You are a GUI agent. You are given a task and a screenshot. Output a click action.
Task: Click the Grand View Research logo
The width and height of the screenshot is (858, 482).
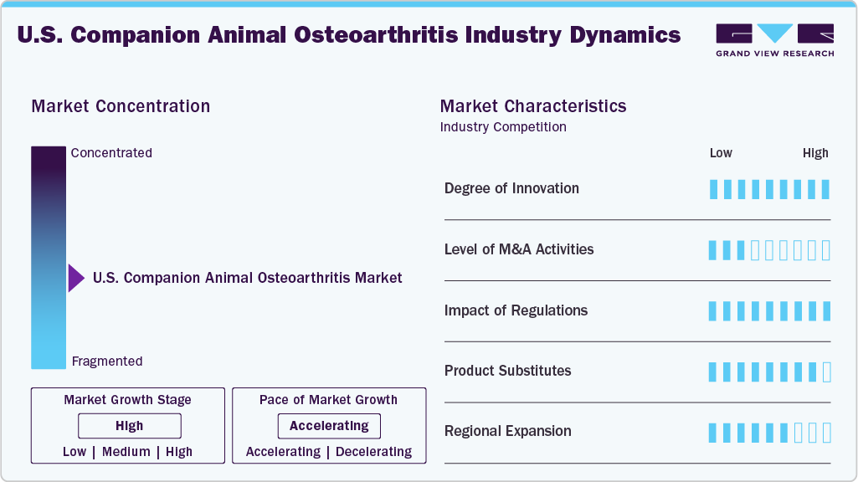click(774, 39)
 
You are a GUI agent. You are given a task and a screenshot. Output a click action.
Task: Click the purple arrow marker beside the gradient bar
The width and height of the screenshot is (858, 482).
click(76, 278)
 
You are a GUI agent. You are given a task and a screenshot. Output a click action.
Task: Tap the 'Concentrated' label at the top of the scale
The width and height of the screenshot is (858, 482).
click(111, 153)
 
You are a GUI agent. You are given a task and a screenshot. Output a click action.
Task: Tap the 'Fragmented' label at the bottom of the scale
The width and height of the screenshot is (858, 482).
click(107, 361)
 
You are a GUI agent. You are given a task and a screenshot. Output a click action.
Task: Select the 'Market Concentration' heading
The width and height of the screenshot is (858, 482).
click(121, 106)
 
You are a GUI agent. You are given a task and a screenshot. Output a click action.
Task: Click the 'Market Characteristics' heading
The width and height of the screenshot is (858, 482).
click(532, 106)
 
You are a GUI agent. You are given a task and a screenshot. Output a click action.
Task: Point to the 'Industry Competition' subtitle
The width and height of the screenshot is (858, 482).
click(502, 127)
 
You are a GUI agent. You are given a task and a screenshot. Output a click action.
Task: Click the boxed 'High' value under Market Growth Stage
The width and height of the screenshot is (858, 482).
click(130, 426)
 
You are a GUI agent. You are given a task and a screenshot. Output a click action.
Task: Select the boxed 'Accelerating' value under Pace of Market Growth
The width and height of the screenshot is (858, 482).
click(329, 426)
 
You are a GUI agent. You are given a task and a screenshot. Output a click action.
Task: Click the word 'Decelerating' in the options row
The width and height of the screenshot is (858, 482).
click(373, 452)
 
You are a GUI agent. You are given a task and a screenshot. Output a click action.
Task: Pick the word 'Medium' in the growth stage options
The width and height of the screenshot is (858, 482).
click(126, 452)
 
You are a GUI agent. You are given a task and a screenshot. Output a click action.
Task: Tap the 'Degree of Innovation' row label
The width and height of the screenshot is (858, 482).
click(511, 188)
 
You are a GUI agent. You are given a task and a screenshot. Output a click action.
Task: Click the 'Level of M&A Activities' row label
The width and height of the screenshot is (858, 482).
click(519, 249)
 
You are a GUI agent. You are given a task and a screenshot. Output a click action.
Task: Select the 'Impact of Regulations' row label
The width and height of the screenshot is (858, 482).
click(516, 310)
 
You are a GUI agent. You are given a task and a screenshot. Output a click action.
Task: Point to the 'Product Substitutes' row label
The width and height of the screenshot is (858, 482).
click(507, 371)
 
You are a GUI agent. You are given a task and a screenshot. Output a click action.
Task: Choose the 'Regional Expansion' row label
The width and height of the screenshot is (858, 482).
click(507, 432)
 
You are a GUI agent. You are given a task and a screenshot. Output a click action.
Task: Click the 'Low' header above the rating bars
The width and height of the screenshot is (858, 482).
click(721, 153)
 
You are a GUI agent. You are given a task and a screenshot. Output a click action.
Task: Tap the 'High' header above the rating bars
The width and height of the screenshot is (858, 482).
click(815, 153)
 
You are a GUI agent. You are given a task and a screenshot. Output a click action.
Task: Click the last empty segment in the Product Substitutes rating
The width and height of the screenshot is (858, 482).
click(826, 372)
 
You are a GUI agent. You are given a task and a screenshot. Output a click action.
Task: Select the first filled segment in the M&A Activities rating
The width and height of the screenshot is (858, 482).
click(713, 250)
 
